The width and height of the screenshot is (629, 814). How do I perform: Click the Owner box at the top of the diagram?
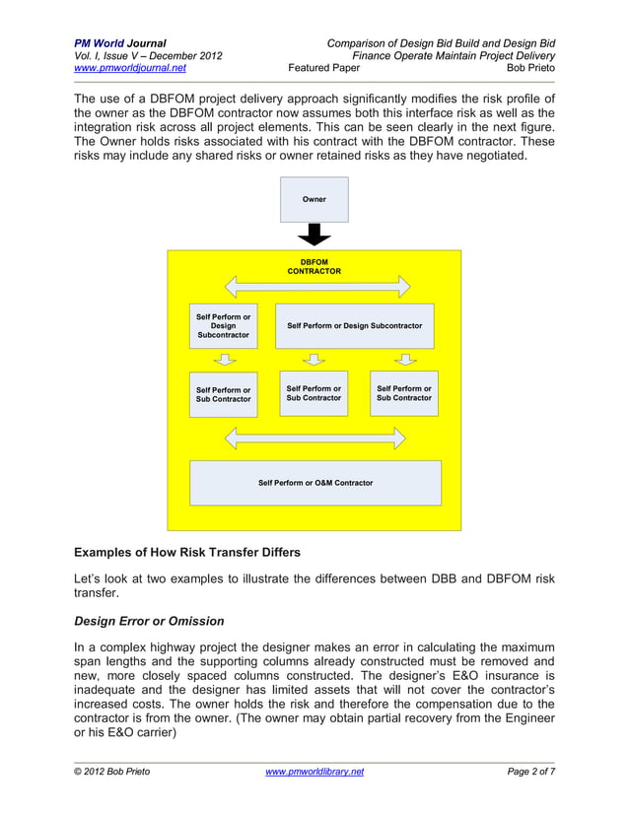[x=314, y=199]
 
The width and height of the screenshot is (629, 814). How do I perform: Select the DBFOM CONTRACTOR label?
[x=314, y=266]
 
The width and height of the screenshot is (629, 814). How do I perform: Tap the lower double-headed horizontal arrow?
[x=315, y=438]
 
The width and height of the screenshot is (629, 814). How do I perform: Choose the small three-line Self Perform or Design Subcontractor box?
[x=223, y=325]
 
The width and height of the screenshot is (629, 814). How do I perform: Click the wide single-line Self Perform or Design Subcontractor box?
[x=354, y=325]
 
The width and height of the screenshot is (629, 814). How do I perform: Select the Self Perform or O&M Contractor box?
[x=315, y=483]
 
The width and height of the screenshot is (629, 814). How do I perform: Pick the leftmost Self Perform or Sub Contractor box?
[x=223, y=394]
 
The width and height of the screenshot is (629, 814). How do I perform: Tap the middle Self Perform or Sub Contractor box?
[x=314, y=393]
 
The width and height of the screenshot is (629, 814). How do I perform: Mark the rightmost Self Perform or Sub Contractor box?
[x=403, y=393]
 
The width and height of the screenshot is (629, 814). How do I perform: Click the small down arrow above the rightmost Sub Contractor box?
[x=403, y=360]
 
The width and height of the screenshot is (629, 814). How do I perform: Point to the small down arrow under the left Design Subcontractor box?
[x=224, y=360]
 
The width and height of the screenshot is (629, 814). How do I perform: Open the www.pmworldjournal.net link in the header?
[x=130, y=69]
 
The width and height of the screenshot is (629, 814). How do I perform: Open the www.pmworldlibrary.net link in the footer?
[x=314, y=772]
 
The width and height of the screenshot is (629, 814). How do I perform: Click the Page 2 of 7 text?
[x=530, y=772]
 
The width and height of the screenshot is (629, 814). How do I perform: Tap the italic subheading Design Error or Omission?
[x=149, y=621]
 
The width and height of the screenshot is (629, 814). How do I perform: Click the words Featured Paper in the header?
[x=323, y=69]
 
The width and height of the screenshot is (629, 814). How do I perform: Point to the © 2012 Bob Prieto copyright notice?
[x=112, y=772]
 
